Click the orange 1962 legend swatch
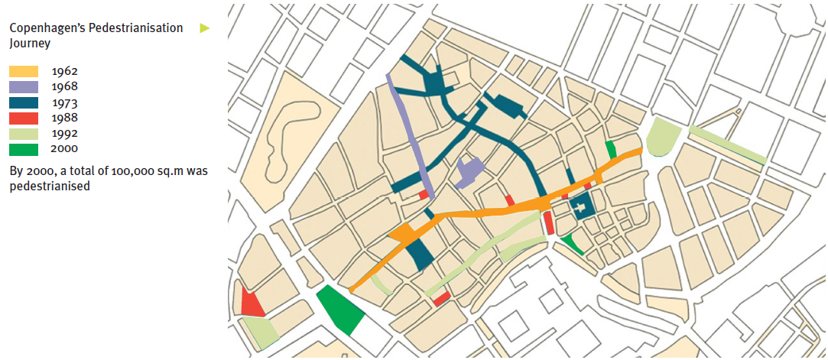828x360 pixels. pyautogui.click(x=23, y=71)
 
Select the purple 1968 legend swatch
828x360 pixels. pyautogui.click(x=23, y=86)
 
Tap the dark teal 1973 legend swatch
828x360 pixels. pyautogui.click(x=23, y=102)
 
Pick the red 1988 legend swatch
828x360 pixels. pyautogui.click(x=23, y=118)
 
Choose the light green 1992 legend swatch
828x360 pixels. pyautogui.click(x=23, y=134)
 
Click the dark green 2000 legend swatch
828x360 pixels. pyautogui.click(x=23, y=149)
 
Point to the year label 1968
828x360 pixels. pyautogui.click(x=65, y=86)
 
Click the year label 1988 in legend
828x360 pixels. pyautogui.click(x=65, y=118)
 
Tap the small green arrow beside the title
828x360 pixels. pyautogui.click(x=204, y=28)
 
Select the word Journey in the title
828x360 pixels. pyautogui.click(x=30, y=44)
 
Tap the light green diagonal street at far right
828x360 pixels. pyautogui.click(x=727, y=145)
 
